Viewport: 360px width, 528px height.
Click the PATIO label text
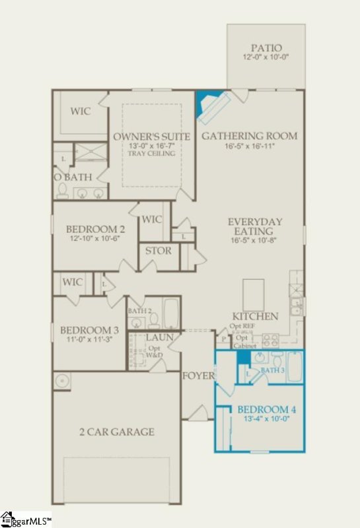click(x=266, y=48)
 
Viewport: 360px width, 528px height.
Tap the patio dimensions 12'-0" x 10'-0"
click(x=266, y=59)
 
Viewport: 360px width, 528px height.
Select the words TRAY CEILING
click(x=153, y=154)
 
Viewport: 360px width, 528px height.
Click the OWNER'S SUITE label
click(x=152, y=137)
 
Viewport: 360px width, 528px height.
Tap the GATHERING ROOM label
click(x=249, y=136)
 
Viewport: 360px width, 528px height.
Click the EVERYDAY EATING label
click(x=255, y=226)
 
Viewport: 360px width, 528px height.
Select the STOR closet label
click(x=158, y=251)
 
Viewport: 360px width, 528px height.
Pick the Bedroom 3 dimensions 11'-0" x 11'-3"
click(x=89, y=341)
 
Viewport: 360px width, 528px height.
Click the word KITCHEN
click(x=255, y=317)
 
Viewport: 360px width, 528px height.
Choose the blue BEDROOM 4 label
click(x=267, y=410)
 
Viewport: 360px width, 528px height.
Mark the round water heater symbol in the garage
click(x=63, y=381)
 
